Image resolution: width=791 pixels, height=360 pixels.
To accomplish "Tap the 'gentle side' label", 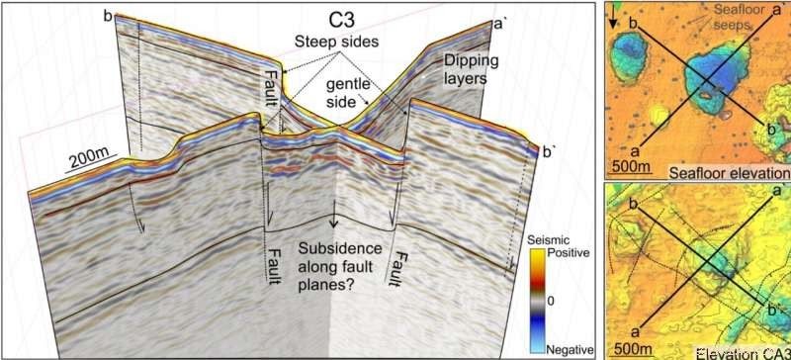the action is click(352, 92).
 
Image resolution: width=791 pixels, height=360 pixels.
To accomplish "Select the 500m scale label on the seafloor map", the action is click(630, 165).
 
